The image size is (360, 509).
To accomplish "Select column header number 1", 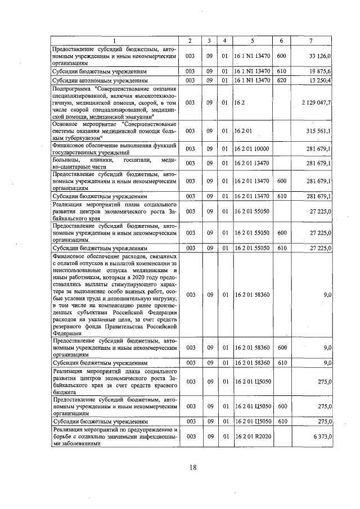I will click(x=115, y=41).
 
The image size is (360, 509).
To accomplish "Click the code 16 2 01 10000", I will click(x=253, y=148).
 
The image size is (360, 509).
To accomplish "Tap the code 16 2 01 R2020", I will click(x=253, y=436).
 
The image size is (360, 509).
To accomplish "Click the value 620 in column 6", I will click(x=282, y=81).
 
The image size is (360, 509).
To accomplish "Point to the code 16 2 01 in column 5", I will click(x=244, y=131).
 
